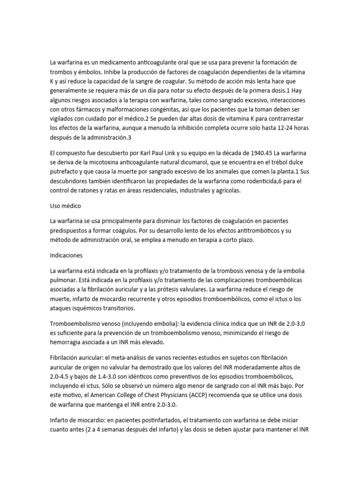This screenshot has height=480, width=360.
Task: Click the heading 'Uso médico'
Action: coord(66,205)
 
